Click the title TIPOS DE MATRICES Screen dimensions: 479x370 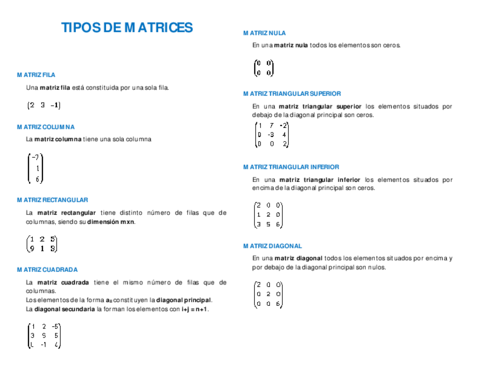coord(127,28)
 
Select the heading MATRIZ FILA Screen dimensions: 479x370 coord(35,75)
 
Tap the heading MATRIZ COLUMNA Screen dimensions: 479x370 coord(45,127)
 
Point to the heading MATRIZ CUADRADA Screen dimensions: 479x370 coord(47,268)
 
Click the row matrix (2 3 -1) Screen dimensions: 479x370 coord(44,105)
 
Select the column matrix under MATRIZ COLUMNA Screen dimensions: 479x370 coord(36,168)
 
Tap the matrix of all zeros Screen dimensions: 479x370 coord(264,67)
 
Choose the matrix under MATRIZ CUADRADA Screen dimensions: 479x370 coord(45,335)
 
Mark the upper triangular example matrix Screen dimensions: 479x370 coord(272,134)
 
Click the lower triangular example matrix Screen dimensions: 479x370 coord(268,214)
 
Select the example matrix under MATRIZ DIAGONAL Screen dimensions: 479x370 coord(268,294)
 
